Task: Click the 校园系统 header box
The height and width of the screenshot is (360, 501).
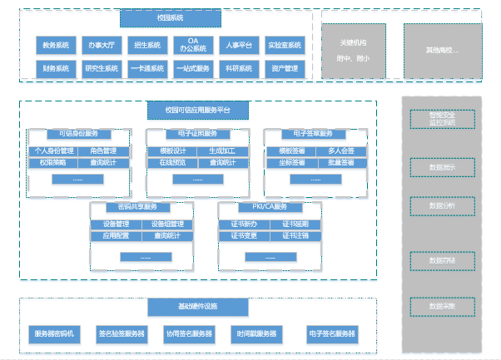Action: coord(170,17)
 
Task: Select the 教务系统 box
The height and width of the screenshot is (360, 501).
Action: coord(57,45)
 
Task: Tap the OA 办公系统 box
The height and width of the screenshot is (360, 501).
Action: coord(192,45)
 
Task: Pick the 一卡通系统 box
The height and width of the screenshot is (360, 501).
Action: coord(147,68)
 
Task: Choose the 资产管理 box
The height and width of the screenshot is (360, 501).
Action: coord(285,68)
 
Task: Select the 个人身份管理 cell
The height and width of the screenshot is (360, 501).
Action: coord(54,150)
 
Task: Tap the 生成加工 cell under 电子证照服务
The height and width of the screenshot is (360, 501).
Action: coord(222,150)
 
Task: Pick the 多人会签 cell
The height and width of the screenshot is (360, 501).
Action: coord(341,150)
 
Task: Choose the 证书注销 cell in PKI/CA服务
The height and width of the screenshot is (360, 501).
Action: coord(295,235)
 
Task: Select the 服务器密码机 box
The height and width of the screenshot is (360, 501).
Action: coord(57,334)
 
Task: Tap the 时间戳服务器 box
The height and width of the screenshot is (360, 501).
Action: coord(257,334)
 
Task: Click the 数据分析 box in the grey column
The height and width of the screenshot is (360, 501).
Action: coord(442,205)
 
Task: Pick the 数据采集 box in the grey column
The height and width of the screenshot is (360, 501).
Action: coord(442,307)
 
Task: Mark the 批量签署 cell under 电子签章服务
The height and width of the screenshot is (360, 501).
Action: coord(341,162)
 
